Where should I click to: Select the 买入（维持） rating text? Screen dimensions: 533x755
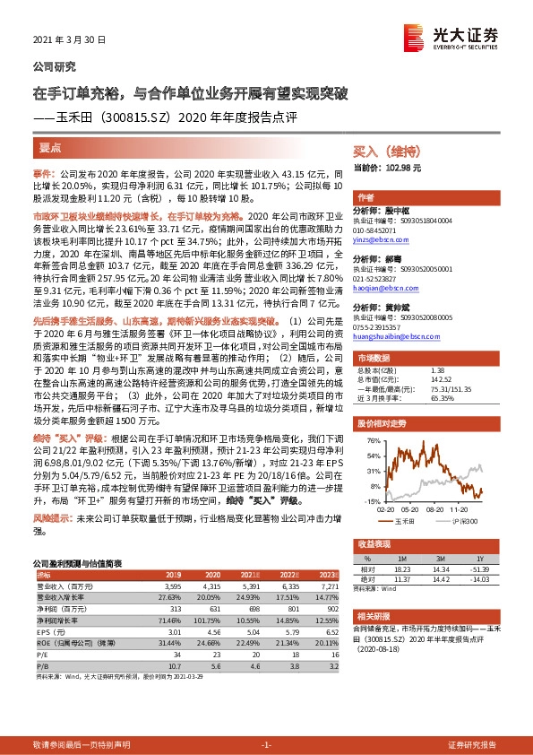pyautogui.click(x=387, y=152)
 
